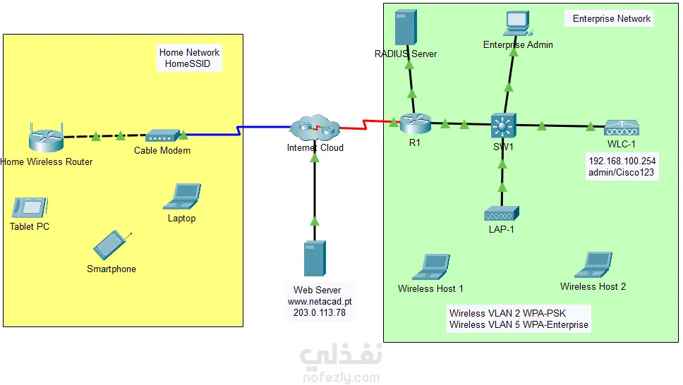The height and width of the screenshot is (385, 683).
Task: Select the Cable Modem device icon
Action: [x=163, y=135]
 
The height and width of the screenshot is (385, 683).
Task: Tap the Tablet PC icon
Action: [x=30, y=207]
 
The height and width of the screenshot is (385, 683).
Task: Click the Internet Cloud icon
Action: [x=315, y=128]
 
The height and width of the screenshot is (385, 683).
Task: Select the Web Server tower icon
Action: [x=315, y=258]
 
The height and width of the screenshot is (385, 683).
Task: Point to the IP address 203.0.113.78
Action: [x=320, y=313]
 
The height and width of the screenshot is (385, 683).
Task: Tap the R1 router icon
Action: [x=414, y=125]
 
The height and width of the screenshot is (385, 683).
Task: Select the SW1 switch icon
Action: [x=504, y=126]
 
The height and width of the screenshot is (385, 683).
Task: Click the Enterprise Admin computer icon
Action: [x=518, y=23]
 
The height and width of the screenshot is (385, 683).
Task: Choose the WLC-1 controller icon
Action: [x=622, y=128]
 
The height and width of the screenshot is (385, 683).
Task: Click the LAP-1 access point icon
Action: [x=502, y=213]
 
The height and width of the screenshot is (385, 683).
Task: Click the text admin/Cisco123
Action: [x=622, y=173]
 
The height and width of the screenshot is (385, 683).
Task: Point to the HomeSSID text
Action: [x=188, y=64]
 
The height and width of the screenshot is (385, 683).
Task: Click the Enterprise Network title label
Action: [x=611, y=19]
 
